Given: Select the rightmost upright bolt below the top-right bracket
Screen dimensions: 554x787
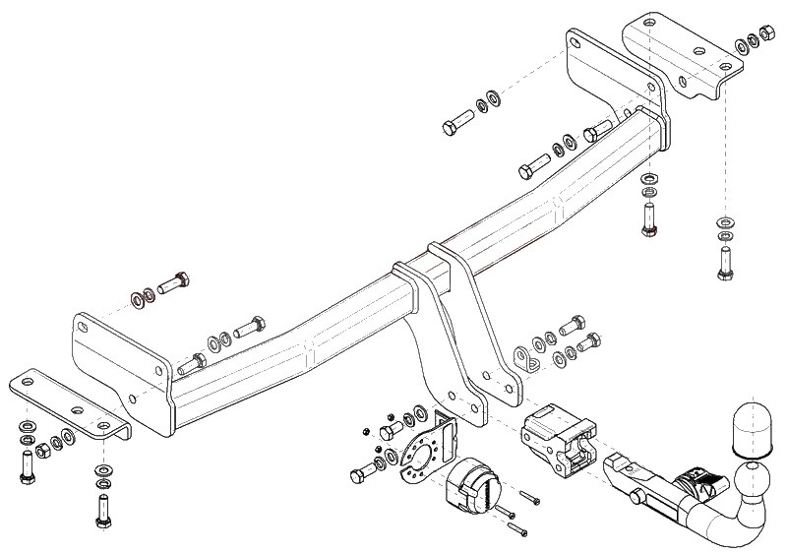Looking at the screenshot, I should (724, 261).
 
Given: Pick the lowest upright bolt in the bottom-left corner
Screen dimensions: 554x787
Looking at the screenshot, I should (102, 510).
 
